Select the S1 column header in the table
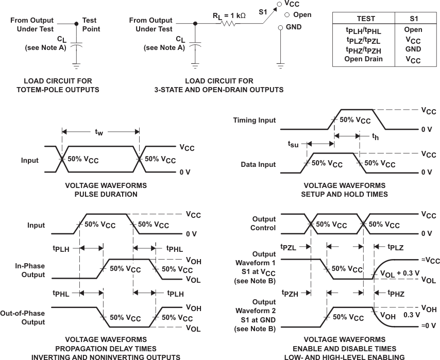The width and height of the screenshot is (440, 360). click(x=413, y=19)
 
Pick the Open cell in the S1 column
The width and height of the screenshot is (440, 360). click(x=413, y=30)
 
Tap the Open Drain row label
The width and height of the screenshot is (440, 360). click(x=363, y=59)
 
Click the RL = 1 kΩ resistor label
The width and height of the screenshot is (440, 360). click(x=229, y=16)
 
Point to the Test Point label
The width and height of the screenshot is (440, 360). click(x=91, y=25)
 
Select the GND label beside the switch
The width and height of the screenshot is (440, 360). click(x=294, y=27)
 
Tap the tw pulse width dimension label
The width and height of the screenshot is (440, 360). click(x=99, y=132)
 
